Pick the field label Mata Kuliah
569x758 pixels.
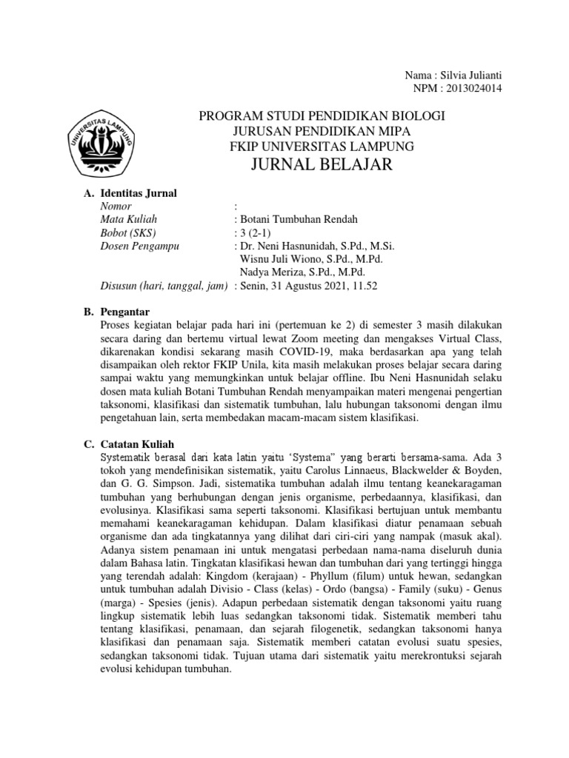[x=128, y=220]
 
